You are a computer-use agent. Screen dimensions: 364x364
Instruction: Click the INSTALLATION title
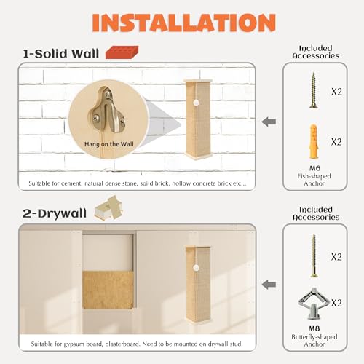(x=184, y=23)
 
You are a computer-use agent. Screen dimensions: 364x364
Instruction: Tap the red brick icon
(x=122, y=52)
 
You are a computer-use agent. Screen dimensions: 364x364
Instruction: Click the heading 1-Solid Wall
(x=61, y=54)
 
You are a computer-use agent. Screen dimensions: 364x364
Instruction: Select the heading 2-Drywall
(x=55, y=213)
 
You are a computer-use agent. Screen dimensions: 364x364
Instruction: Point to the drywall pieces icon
(x=108, y=208)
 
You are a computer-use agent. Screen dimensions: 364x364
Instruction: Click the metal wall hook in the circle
(x=107, y=110)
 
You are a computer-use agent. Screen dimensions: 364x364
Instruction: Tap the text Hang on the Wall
(x=109, y=144)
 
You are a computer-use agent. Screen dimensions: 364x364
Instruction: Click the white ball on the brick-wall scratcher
(x=196, y=103)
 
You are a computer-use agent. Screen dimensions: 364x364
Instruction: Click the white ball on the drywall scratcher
(x=196, y=268)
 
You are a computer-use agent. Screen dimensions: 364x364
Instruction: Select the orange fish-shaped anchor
(x=313, y=141)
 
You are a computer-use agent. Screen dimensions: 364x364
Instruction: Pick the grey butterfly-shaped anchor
(x=314, y=304)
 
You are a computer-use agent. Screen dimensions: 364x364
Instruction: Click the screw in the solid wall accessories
(x=314, y=90)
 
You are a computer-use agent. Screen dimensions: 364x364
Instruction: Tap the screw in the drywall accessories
(x=314, y=256)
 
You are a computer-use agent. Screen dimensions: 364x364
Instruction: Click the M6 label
(x=314, y=168)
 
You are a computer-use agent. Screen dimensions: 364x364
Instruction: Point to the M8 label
(x=314, y=328)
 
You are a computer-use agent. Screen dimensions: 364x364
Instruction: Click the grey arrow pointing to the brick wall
(x=269, y=122)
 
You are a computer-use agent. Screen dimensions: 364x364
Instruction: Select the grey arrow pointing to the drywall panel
(x=269, y=285)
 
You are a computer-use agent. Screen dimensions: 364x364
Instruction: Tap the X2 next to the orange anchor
(x=336, y=142)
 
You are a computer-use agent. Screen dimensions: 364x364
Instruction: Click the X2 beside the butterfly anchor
(x=336, y=303)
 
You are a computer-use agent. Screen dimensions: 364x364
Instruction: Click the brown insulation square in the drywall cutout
(x=108, y=290)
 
